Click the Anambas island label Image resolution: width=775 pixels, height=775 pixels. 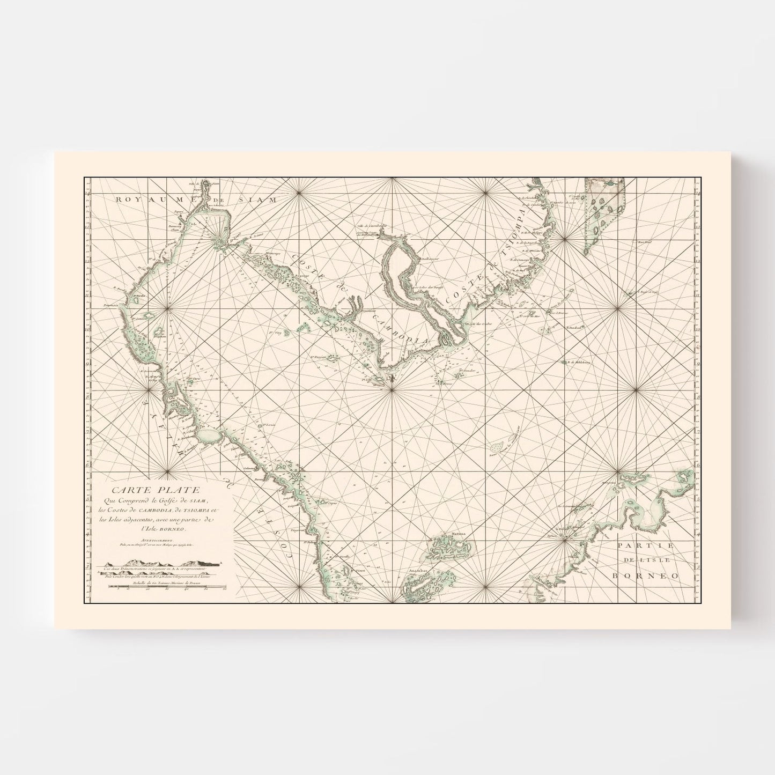coord(417,571)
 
